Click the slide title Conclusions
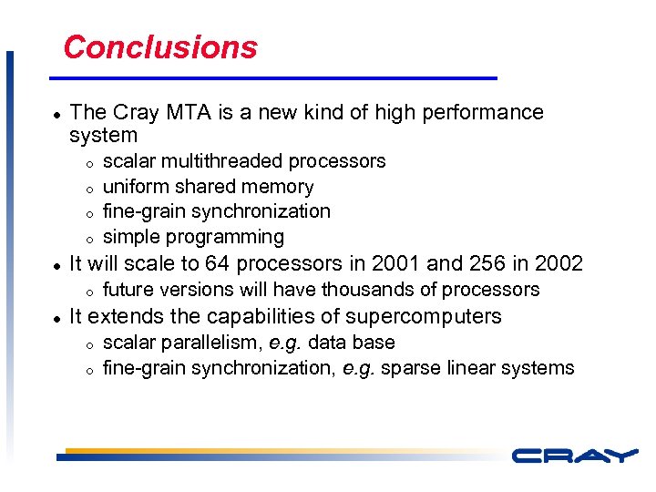click(x=160, y=47)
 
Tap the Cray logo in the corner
click(x=574, y=456)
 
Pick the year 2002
click(x=558, y=264)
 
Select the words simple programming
click(x=193, y=238)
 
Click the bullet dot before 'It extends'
click(x=56, y=318)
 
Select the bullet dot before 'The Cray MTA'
click(x=56, y=114)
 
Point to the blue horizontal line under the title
click(x=280, y=77)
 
